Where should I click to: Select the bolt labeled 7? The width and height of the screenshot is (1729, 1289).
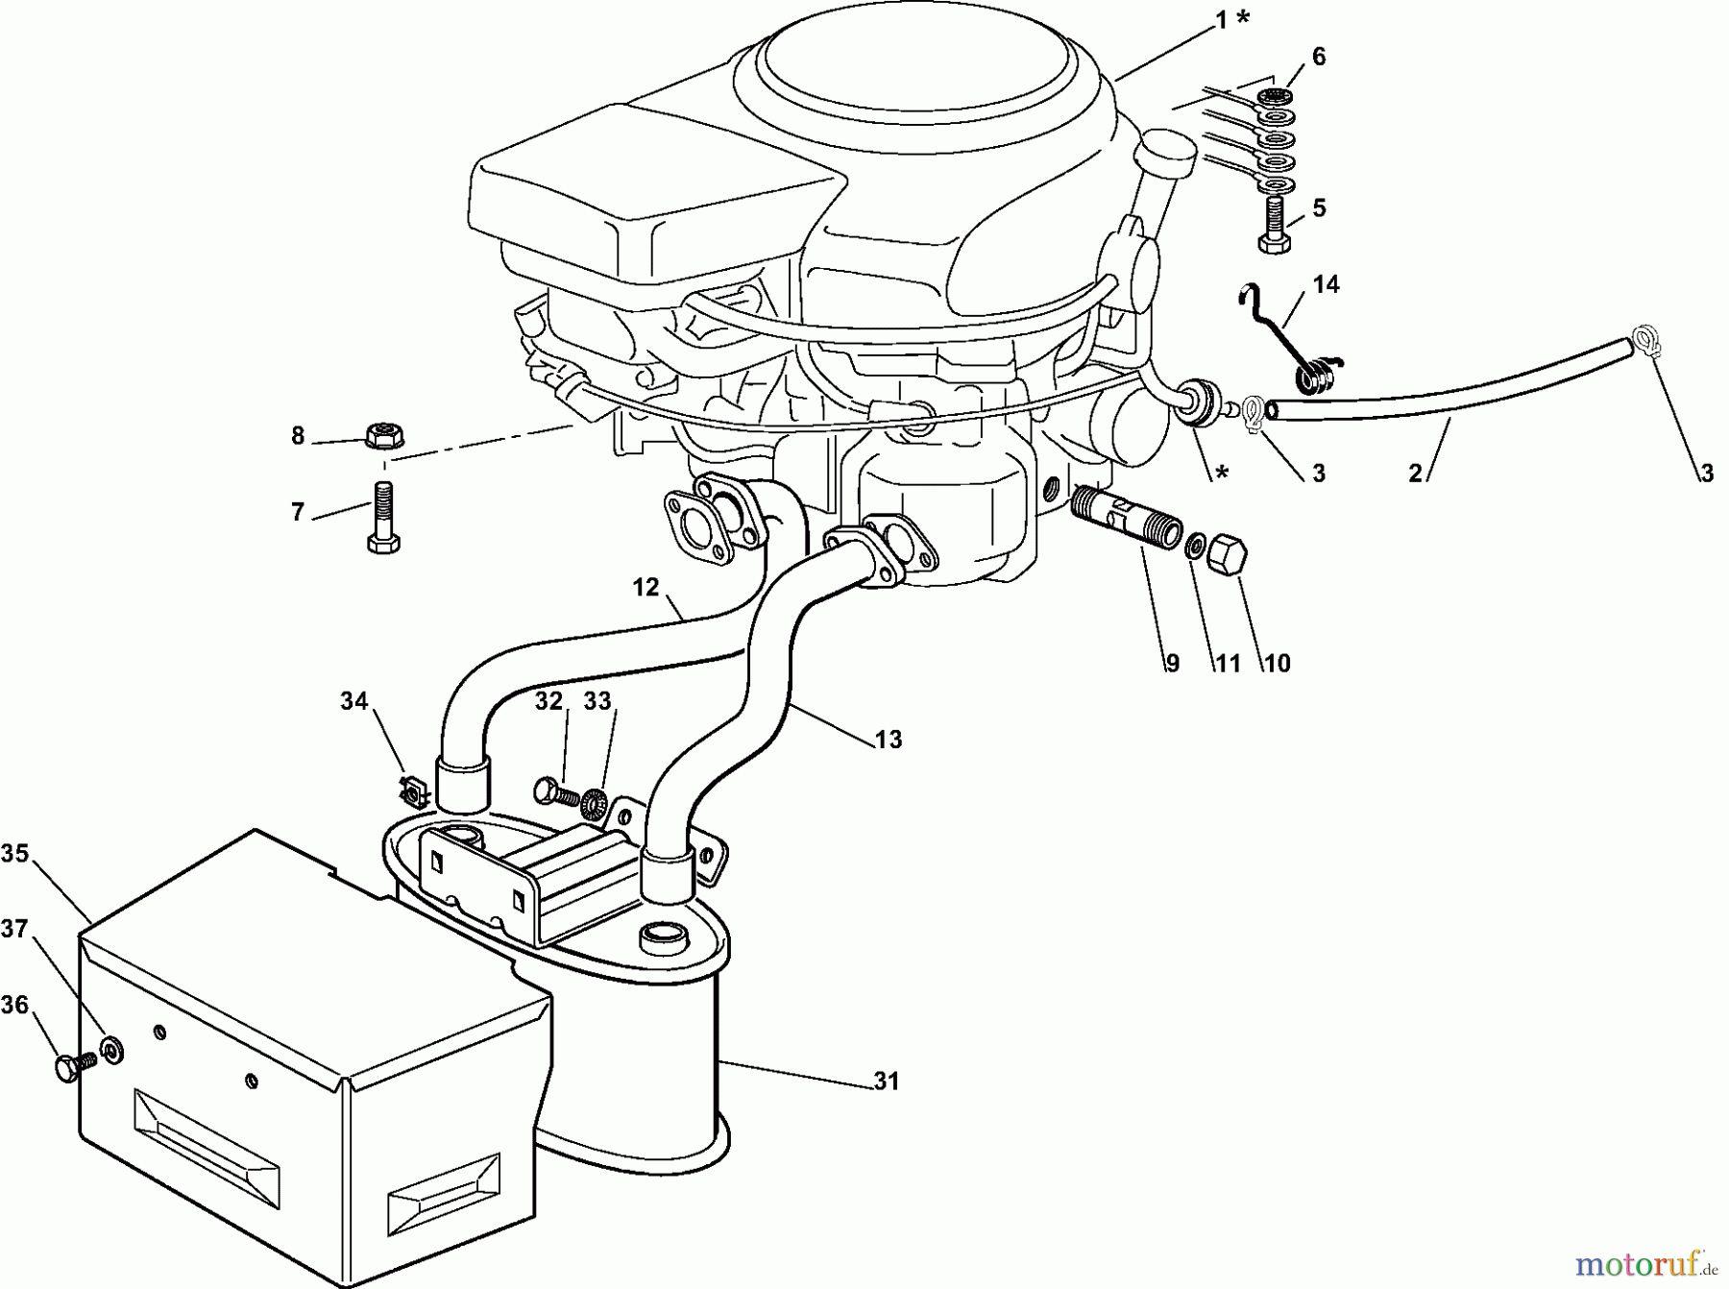click(383, 519)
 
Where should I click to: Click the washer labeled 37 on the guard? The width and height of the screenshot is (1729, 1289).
click(111, 1049)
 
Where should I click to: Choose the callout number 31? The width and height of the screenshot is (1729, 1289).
click(886, 1082)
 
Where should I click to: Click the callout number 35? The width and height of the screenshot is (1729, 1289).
click(15, 853)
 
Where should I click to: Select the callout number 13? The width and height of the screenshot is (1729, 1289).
click(889, 739)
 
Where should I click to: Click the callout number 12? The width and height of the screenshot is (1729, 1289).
click(645, 586)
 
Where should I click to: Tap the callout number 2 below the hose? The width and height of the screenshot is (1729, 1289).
click(1415, 473)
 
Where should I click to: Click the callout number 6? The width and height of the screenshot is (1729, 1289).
click(1319, 57)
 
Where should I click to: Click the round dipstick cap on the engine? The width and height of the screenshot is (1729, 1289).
click(1163, 156)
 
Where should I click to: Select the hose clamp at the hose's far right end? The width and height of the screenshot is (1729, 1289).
click(1644, 343)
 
